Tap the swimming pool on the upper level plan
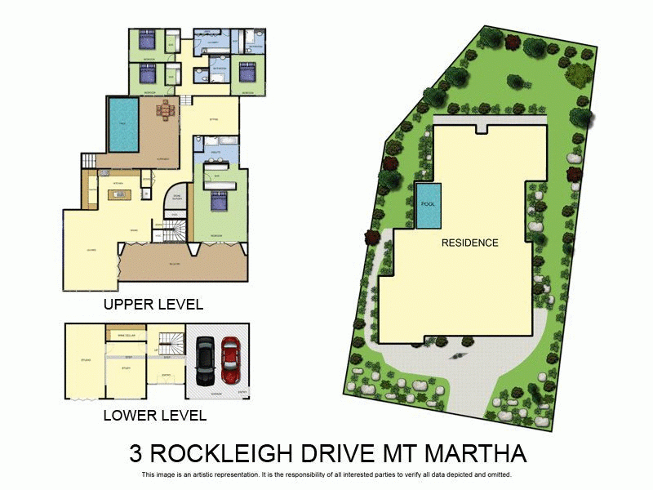click(122, 125)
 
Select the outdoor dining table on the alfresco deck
click(166, 109)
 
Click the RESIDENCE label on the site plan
click(469, 243)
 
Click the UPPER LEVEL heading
click(153, 305)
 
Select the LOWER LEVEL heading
click(154, 415)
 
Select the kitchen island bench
click(118, 196)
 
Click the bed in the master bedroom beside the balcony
click(219, 199)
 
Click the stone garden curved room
click(177, 198)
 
